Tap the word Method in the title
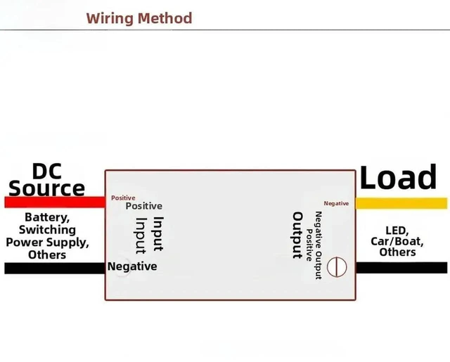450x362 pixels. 165,18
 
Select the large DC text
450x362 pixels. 47,172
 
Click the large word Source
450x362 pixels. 47,188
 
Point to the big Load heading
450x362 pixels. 398,176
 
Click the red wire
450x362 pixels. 55,202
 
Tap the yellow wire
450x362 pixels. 401,203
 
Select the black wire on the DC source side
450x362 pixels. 55,269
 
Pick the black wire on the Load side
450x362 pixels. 401,268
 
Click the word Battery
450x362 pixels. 47,217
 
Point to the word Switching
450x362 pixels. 47,230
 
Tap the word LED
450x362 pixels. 397,231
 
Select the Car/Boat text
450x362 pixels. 397,241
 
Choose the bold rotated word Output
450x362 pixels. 297,235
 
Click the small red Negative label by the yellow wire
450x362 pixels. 336,203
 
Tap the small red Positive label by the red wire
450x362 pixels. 123,198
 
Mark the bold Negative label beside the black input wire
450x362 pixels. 132,266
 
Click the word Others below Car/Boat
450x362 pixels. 397,252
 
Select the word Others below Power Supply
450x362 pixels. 47,254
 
